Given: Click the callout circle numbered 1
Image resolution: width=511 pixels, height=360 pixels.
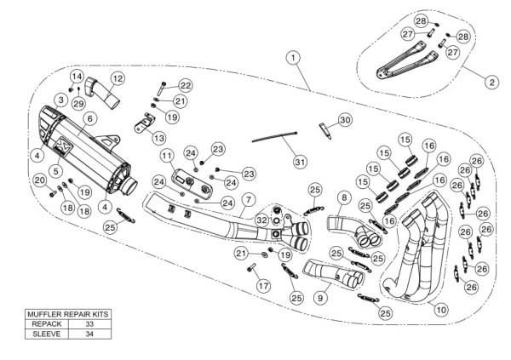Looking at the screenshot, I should [293, 58].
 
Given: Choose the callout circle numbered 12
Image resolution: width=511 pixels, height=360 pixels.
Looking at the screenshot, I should [118, 78].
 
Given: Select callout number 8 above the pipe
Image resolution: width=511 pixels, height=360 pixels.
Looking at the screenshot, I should [342, 198].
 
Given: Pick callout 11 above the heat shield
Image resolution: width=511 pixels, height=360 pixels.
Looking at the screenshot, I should [167, 156].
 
